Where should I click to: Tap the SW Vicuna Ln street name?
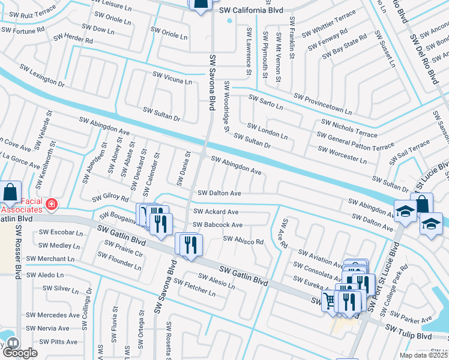pyautogui.click(x=172, y=78)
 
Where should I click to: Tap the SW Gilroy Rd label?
pyautogui.click(x=110, y=198)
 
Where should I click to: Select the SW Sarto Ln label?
pyautogui.click(x=265, y=102)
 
